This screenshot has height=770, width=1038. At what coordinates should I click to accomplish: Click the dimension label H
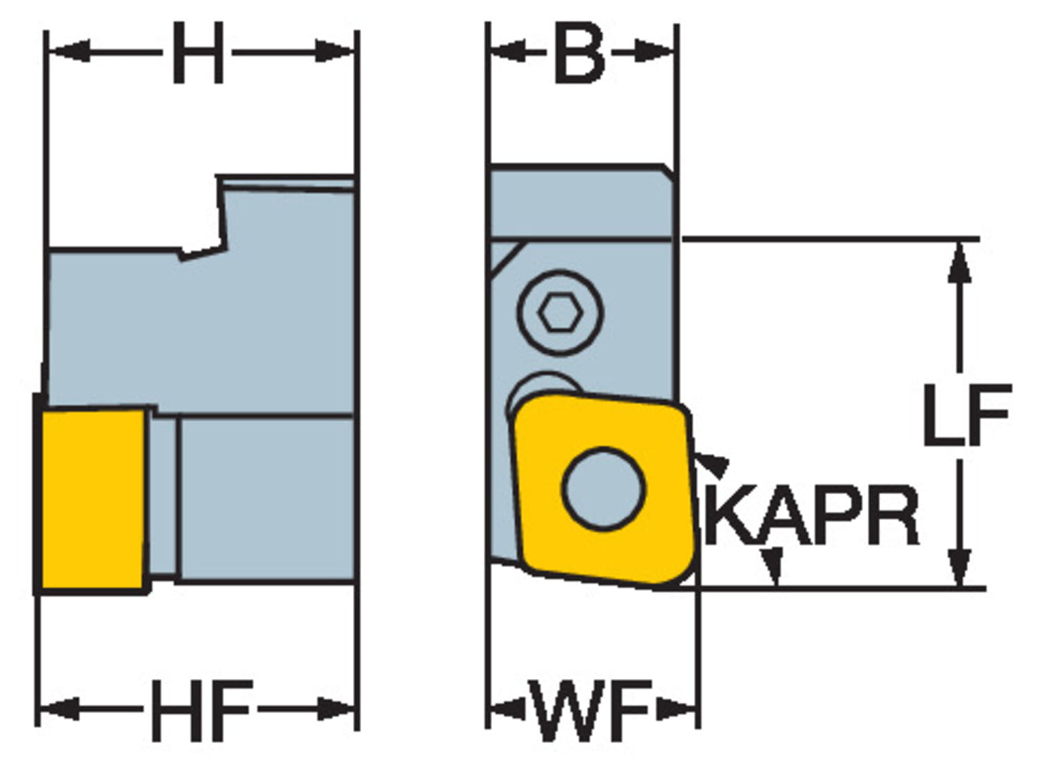[x=197, y=53]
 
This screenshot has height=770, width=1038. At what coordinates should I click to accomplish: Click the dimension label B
[x=579, y=53]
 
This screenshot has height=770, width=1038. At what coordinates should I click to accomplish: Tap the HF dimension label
[x=201, y=709]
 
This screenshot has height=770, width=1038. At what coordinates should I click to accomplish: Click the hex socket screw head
[x=560, y=313]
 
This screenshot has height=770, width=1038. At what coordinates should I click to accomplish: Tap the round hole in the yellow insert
[x=603, y=488]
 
